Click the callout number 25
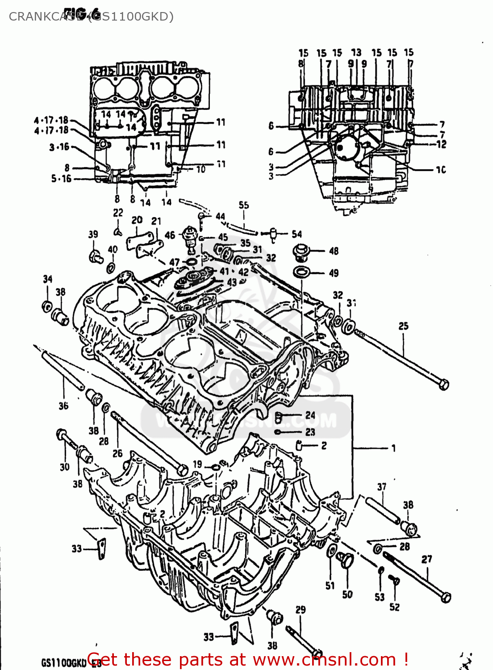click(x=403, y=326)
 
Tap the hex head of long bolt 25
click(x=443, y=384)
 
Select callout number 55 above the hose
click(x=243, y=205)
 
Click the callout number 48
click(x=334, y=251)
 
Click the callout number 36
click(x=63, y=406)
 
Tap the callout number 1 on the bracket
click(x=393, y=448)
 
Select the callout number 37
click(x=381, y=486)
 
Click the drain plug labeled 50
click(x=346, y=560)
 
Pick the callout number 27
click(x=426, y=559)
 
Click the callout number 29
click(x=301, y=609)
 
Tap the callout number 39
click(x=93, y=234)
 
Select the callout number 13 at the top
click(x=356, y=53)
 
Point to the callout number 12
click(x=441, y=144)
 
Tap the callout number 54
click(x=297, y=234)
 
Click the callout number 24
click(x=310, y=415)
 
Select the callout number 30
click(x=64, y=467)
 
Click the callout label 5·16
click(x=61, y=179)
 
